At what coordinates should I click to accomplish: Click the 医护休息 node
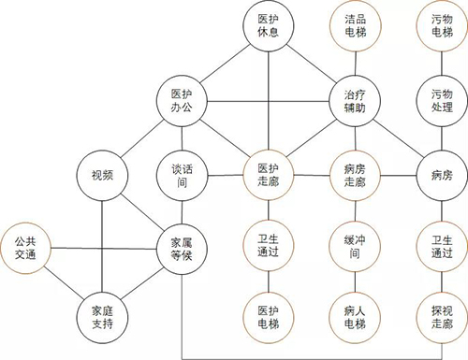pos(269,29)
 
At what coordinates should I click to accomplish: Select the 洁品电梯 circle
pos(355,29)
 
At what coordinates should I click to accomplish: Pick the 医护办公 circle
pos(182,100)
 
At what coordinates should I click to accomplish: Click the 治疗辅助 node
pos(355,100)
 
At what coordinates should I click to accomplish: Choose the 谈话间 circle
pos(182,174)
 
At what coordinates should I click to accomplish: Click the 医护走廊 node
pos(269,174)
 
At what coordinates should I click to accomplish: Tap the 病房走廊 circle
pos(355,174)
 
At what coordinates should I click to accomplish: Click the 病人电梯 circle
pos(355,316)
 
